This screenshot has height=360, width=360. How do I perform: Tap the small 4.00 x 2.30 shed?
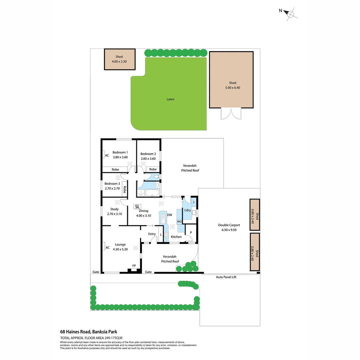[120, 59]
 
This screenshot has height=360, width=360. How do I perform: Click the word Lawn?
[170, 99]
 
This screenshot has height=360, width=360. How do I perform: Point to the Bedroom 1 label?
[120, 152]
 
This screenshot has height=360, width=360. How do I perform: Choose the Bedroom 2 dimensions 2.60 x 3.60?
[148, 159]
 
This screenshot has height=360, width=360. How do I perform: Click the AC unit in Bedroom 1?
[107, 155]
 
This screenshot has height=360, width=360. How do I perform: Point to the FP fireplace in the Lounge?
[134, 266]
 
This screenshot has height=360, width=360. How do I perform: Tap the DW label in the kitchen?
[169, 215]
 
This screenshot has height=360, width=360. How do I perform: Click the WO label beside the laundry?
[179, 221]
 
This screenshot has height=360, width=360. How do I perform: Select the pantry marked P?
[191, 232]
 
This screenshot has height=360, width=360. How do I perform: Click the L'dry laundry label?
[187, 210]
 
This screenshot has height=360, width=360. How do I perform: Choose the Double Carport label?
[228, 225]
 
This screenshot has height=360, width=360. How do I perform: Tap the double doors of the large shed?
[231, 114]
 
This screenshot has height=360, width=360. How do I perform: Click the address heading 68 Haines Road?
[88, 332]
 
